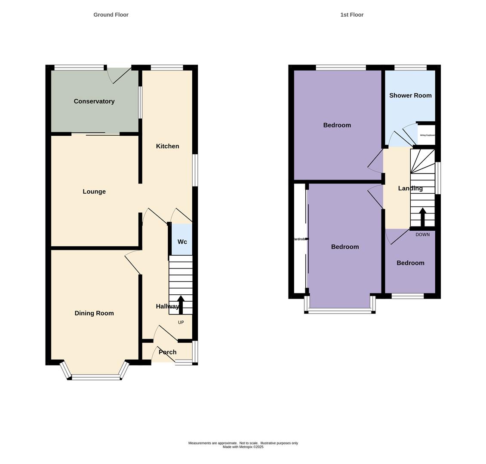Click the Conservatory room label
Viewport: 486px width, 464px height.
[x=94, y=101]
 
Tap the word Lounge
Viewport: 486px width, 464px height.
[x=94, y=192]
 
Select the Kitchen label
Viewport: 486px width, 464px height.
[x=167, y=146]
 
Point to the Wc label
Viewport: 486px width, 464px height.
[x=182, y=242]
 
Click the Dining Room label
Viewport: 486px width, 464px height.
[x=94, y=313]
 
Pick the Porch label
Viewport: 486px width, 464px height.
[x=167, y=352]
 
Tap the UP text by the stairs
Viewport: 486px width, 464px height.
[x=181, y=322]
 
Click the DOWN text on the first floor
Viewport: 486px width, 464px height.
[x=422, y=235]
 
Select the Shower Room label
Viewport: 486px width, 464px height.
[x=410, y=95]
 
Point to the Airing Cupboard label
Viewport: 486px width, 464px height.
[x=427, y=135]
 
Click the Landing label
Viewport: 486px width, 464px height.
[x=410, y=188]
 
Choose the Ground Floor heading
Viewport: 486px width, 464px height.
[x=111, y=15]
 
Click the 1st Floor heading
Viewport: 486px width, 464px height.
[x=352, y=15]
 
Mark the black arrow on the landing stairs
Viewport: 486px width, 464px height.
[x=422, y=217]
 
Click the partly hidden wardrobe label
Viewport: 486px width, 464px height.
[x=299, y=239]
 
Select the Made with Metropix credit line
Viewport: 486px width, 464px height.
[x=243, y=447]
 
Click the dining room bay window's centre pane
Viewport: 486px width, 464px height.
[x=96, y=377]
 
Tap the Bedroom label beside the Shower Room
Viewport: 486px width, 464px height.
[x=337, y=125]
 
